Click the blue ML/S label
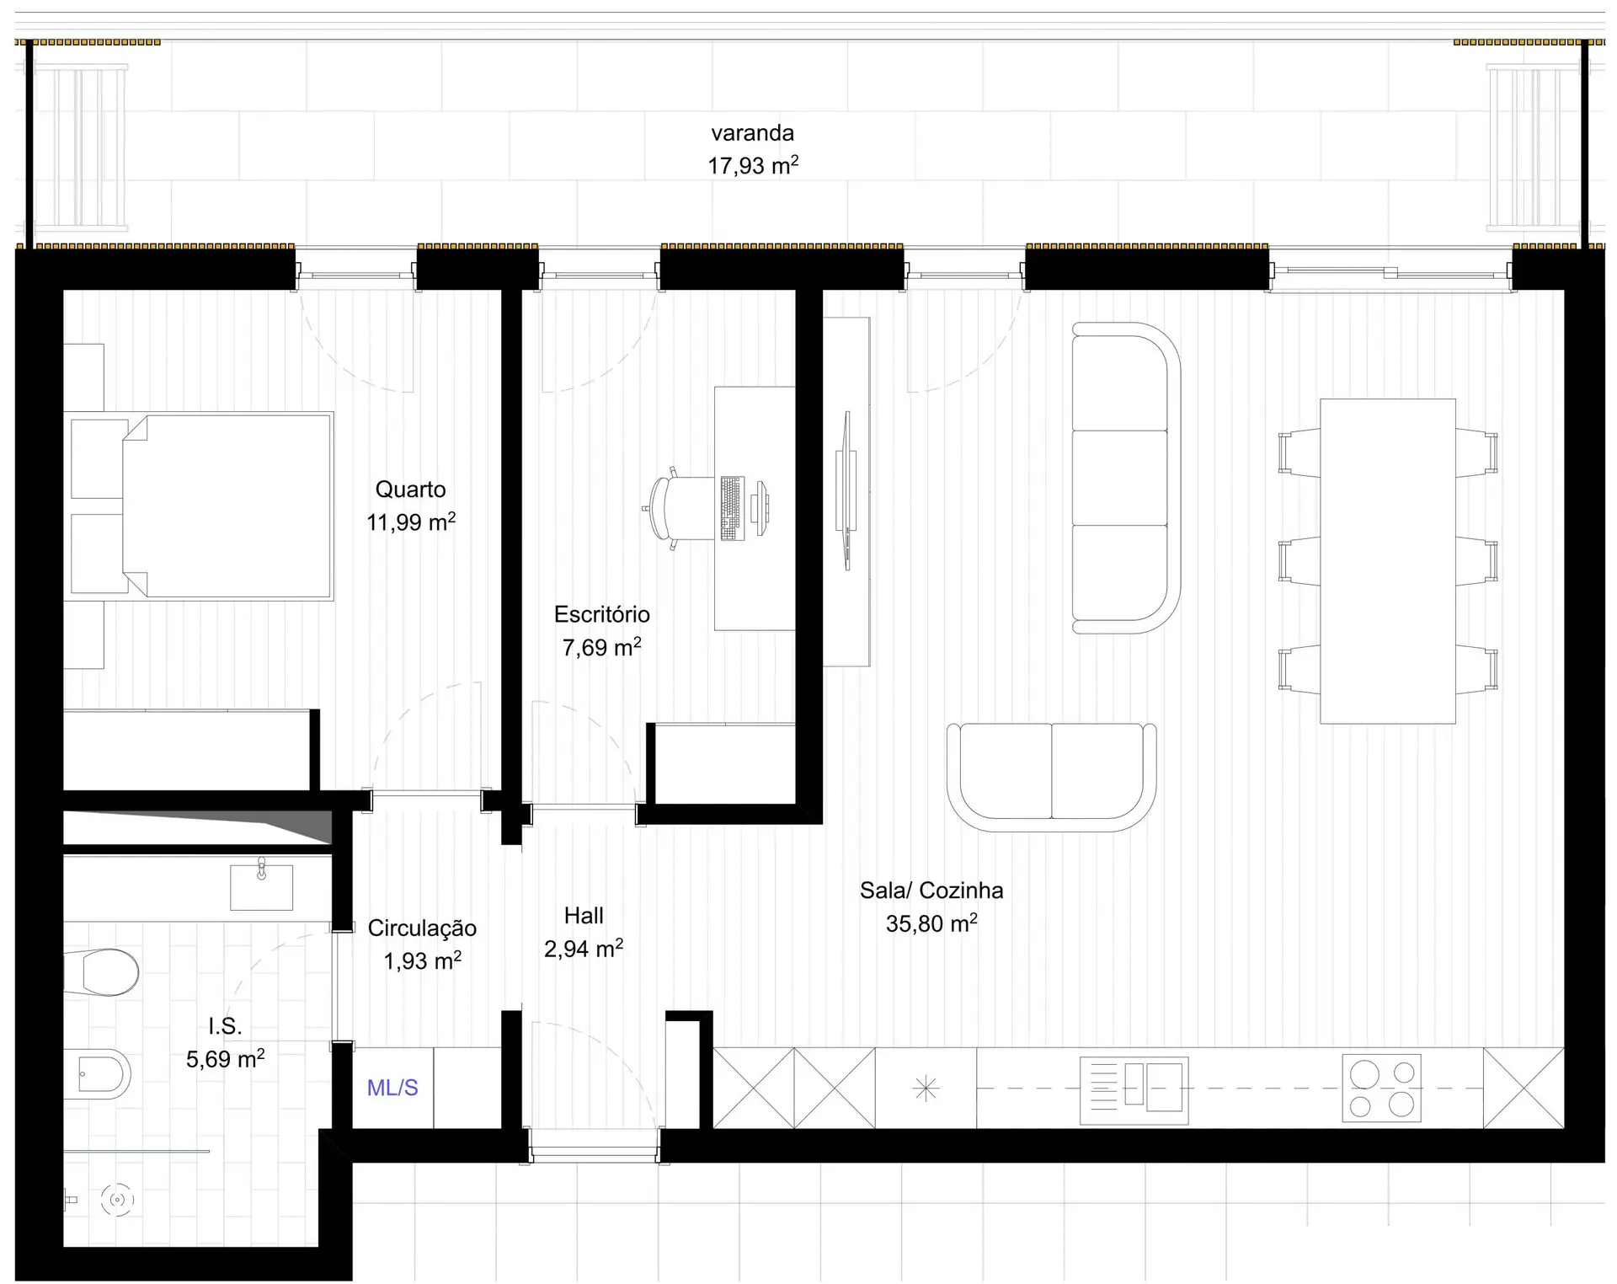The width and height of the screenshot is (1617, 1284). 392,1088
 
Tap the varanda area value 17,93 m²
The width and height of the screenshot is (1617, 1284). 753,165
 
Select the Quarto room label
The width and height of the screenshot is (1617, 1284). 411,490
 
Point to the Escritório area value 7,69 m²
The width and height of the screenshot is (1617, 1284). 602,647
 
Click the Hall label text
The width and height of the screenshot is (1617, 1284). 584,916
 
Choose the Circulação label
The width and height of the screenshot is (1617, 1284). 422,928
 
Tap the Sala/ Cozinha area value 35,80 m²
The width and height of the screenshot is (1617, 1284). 931,923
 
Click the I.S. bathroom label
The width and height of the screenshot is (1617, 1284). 225,1026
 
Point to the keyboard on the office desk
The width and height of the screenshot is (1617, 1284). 732,508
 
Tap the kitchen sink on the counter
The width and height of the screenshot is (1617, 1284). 1134,1090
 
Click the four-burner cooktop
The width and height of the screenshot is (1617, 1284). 1381,1088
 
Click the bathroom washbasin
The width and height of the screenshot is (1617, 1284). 262,885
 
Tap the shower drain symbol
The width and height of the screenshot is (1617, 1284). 117,1200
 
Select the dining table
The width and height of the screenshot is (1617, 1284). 1388,561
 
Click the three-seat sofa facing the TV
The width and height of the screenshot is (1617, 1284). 1126,478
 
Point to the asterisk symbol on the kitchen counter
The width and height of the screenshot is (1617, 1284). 926,1089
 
